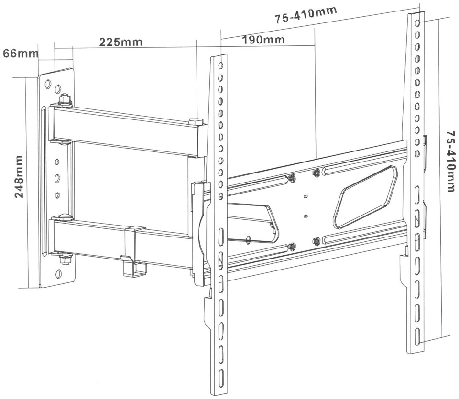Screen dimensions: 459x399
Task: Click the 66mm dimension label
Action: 20,53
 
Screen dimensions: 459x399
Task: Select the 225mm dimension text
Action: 120,42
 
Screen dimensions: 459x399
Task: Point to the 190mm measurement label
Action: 263,40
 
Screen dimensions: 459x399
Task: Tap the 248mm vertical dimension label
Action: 19,176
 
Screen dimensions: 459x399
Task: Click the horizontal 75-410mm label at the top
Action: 306,15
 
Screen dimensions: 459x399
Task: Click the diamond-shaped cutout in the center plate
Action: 365,197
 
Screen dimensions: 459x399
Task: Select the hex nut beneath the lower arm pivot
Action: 66,259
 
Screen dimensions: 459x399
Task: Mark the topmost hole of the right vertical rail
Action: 418,23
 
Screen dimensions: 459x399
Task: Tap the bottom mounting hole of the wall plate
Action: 60,273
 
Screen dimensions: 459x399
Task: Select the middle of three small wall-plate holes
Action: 57,178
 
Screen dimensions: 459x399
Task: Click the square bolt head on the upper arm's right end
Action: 197,121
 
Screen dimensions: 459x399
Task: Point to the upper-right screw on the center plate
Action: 315,173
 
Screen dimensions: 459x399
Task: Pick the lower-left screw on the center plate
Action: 291,247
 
